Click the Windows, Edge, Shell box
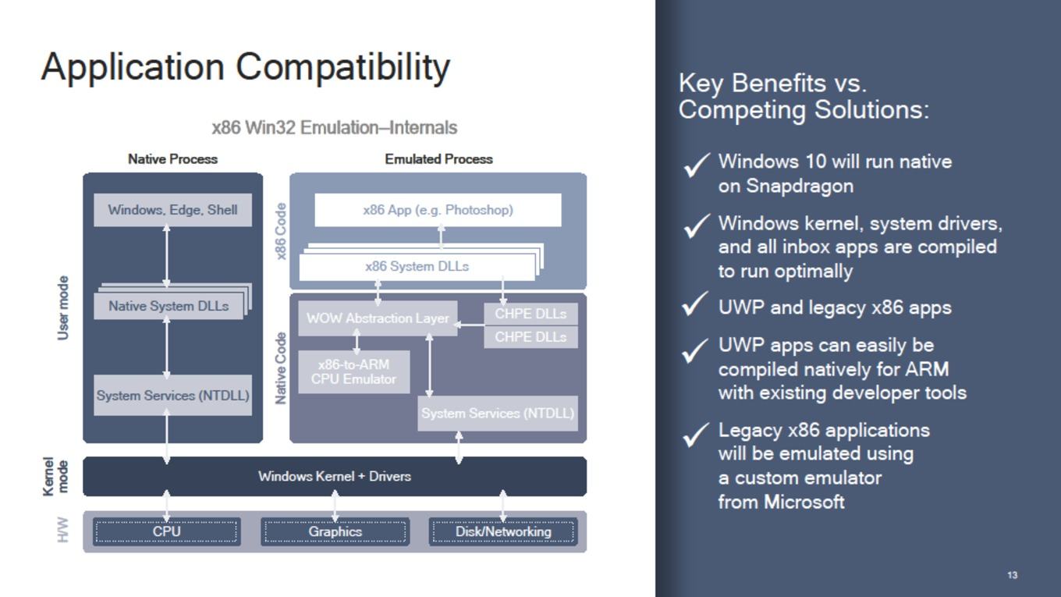pos(172,210)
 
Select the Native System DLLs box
pos(169,306)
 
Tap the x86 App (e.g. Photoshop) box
pos(438,210)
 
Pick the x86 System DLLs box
pos(417,267)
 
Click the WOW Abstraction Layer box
pos(378,318)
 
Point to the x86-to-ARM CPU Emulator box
pos(354,372)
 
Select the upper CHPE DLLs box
pos(530,314)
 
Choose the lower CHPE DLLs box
pos(530,337)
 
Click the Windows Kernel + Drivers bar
pos(335,476)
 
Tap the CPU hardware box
pos(167,531)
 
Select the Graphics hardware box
pos(335,531)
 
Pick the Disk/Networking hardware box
pos(503,531)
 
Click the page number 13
pos(1012,575)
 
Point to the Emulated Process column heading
pos(438,159)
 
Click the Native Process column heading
pos(173,159)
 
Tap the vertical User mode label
pos(62,308)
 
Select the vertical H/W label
pos(62,530)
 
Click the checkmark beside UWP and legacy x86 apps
pos(695,304)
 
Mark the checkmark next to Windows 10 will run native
pos(696,165)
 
